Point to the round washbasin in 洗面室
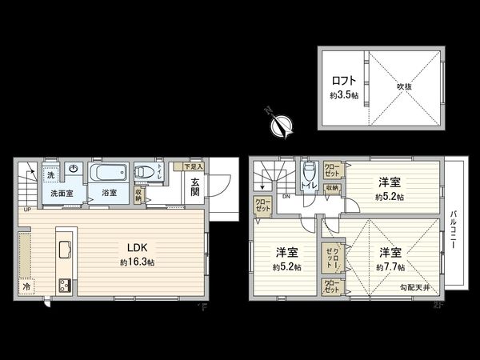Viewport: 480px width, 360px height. point(73,169)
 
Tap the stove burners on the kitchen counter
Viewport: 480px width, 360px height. point(65,284)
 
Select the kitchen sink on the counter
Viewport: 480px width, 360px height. point(65,242)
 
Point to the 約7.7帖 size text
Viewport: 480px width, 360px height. point(391,266)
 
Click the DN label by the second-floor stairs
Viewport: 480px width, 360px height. point(286,194)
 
